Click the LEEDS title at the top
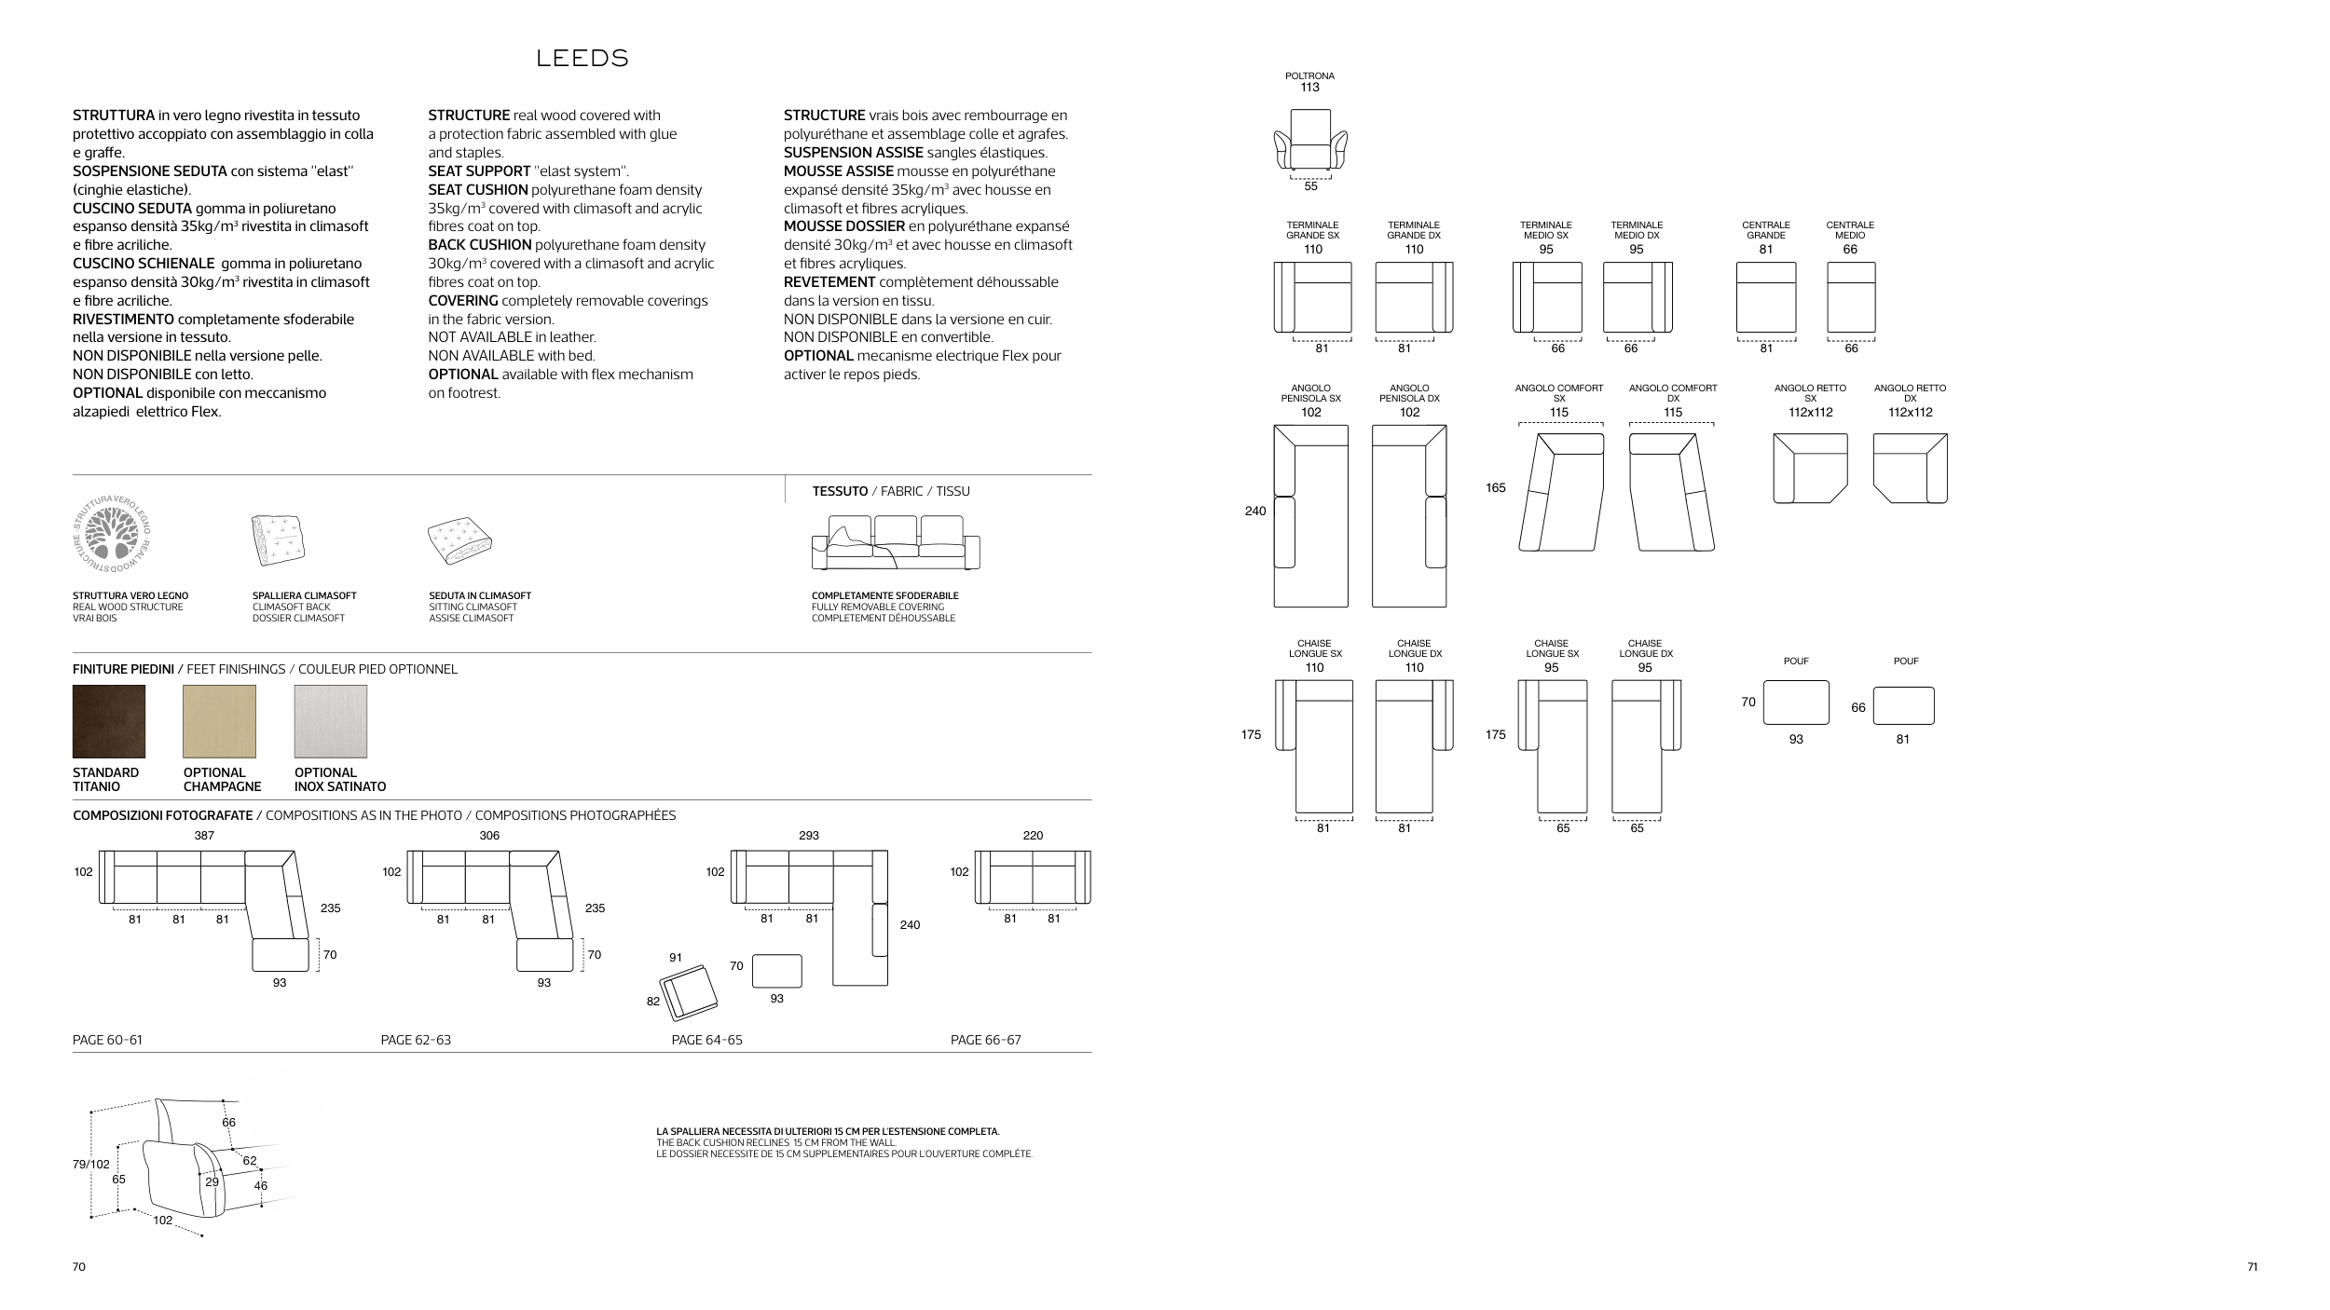tap(582, 59)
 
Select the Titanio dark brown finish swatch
tap(109, 721)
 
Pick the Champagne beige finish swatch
tap(219, 721)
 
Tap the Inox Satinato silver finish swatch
tap(330, 721)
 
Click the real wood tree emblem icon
tap(112, 535)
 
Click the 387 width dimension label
tap(204, 836)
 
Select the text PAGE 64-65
tap(706, 1040)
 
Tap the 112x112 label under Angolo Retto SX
tap(1810, 412)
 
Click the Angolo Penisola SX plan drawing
tap(1310, 515)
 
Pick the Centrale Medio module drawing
tap(1851, 297)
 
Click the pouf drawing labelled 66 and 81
tap(1903, 705)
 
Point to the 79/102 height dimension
tap(90, 1164)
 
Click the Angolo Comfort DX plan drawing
tap(1671, 492)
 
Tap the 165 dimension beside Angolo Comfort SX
tap(1495, 487)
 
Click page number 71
tap(2252, 1266)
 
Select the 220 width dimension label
tap(1033, 836)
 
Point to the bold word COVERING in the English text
tap(462, 301)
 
